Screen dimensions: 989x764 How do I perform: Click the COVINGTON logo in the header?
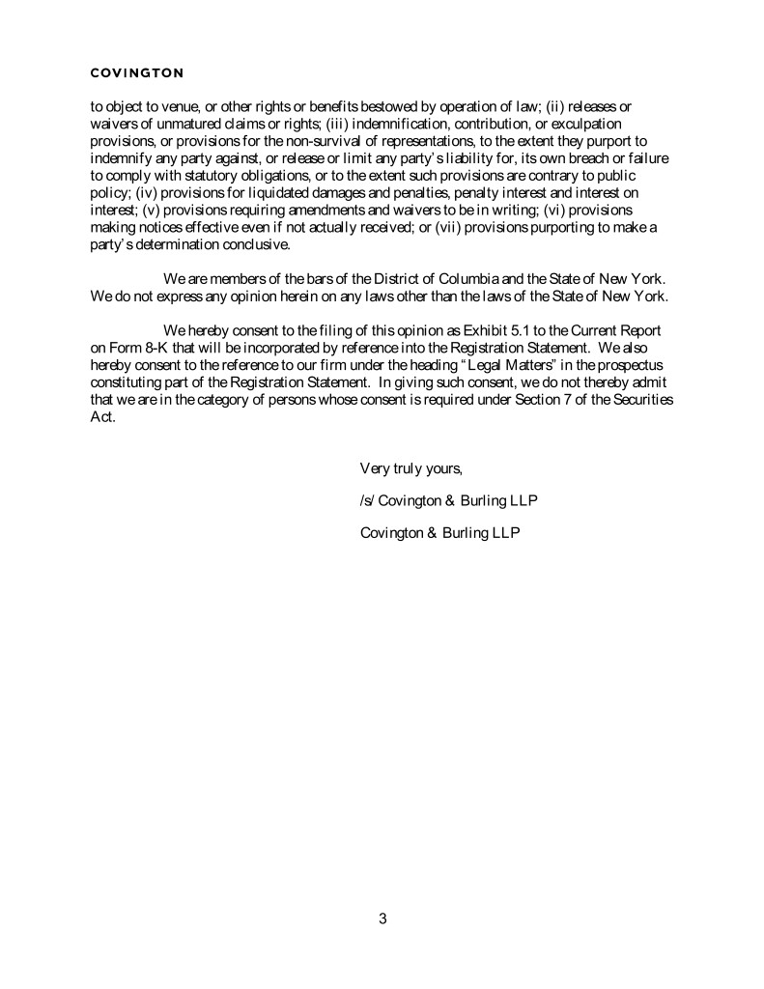[x=136, y=72]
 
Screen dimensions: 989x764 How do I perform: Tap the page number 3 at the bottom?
[x=382, y=918]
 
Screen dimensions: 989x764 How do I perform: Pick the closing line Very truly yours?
[x=411, y=469]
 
